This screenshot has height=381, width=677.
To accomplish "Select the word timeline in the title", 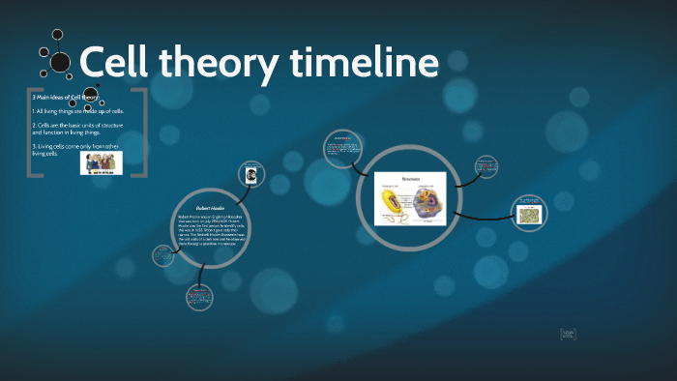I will pos(365,64).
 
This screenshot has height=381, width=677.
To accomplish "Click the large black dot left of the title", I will pos(60,63).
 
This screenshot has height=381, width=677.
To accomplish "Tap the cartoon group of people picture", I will pos(101,163).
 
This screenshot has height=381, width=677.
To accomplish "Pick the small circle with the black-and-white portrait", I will pos(251,175).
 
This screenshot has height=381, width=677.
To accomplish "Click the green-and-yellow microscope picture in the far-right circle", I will pos(530,215).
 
